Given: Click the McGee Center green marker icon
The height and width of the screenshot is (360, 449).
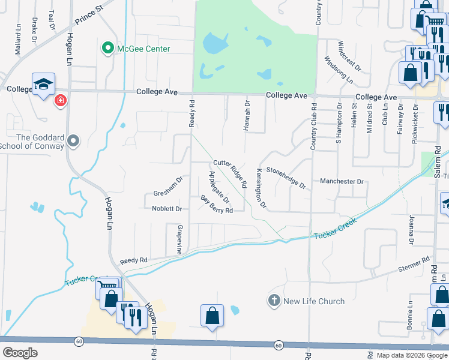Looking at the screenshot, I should coord(108,48).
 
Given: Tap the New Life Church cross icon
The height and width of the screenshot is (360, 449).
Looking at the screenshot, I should coord(274,301).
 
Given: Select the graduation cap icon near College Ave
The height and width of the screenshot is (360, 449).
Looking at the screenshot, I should coord(44,85).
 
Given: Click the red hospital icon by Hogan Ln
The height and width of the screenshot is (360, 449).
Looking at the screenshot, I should coord(60,100).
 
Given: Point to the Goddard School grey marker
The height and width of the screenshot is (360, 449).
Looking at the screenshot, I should coord(73,142).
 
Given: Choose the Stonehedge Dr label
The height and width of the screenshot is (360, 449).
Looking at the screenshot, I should coord(286,177).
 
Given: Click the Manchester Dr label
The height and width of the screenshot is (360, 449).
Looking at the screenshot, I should coord(342,181).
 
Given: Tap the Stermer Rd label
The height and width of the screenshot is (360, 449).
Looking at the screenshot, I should coord(414,265).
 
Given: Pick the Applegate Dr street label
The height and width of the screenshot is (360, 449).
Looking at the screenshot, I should coord(218,187).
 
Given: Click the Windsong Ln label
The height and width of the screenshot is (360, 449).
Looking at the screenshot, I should coord(339,69).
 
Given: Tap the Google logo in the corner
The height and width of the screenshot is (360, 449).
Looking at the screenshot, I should coord(20,353).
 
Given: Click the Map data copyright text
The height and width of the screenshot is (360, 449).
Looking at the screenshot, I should coord(412,355).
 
